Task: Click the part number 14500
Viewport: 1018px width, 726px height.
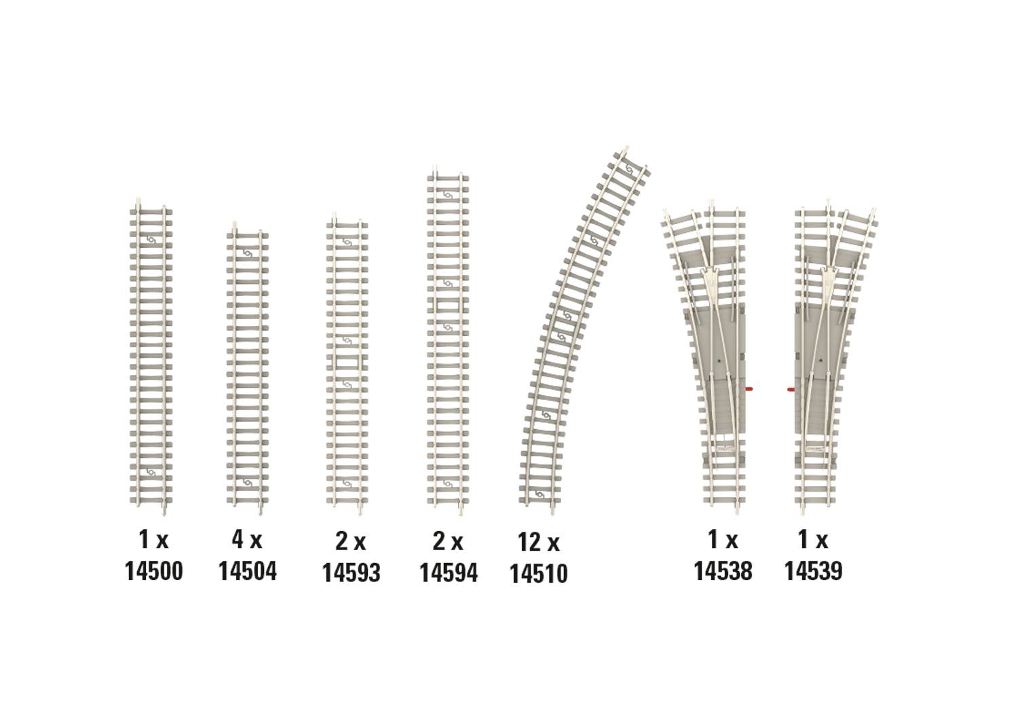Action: tap(153, 571)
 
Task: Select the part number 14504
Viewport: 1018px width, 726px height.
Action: tap(247, 571)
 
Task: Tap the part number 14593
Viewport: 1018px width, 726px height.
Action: tap(351, 573)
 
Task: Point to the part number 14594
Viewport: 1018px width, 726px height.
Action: tap(448, 573)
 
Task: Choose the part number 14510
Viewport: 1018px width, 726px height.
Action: tap(538, 573)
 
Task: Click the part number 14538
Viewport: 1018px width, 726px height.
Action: tap(723, 570)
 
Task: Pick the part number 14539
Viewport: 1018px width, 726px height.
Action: tap(813, 570)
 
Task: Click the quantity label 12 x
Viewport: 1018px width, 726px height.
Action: tap(538, 543)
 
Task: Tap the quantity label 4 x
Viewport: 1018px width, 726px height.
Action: tap(246, 540)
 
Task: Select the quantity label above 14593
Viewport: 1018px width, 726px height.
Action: tap(350, 541)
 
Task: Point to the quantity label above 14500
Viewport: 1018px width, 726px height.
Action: tap(153, 540)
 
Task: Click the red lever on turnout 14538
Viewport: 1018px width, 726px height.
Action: tap(749, 389)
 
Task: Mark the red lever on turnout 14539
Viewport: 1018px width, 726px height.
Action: tap(791, 390)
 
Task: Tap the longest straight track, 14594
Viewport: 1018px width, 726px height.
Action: tap(448, 340)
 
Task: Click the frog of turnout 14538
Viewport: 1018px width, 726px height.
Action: tap(710, 278)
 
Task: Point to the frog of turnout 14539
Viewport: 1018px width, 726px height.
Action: tap(829, 278)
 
